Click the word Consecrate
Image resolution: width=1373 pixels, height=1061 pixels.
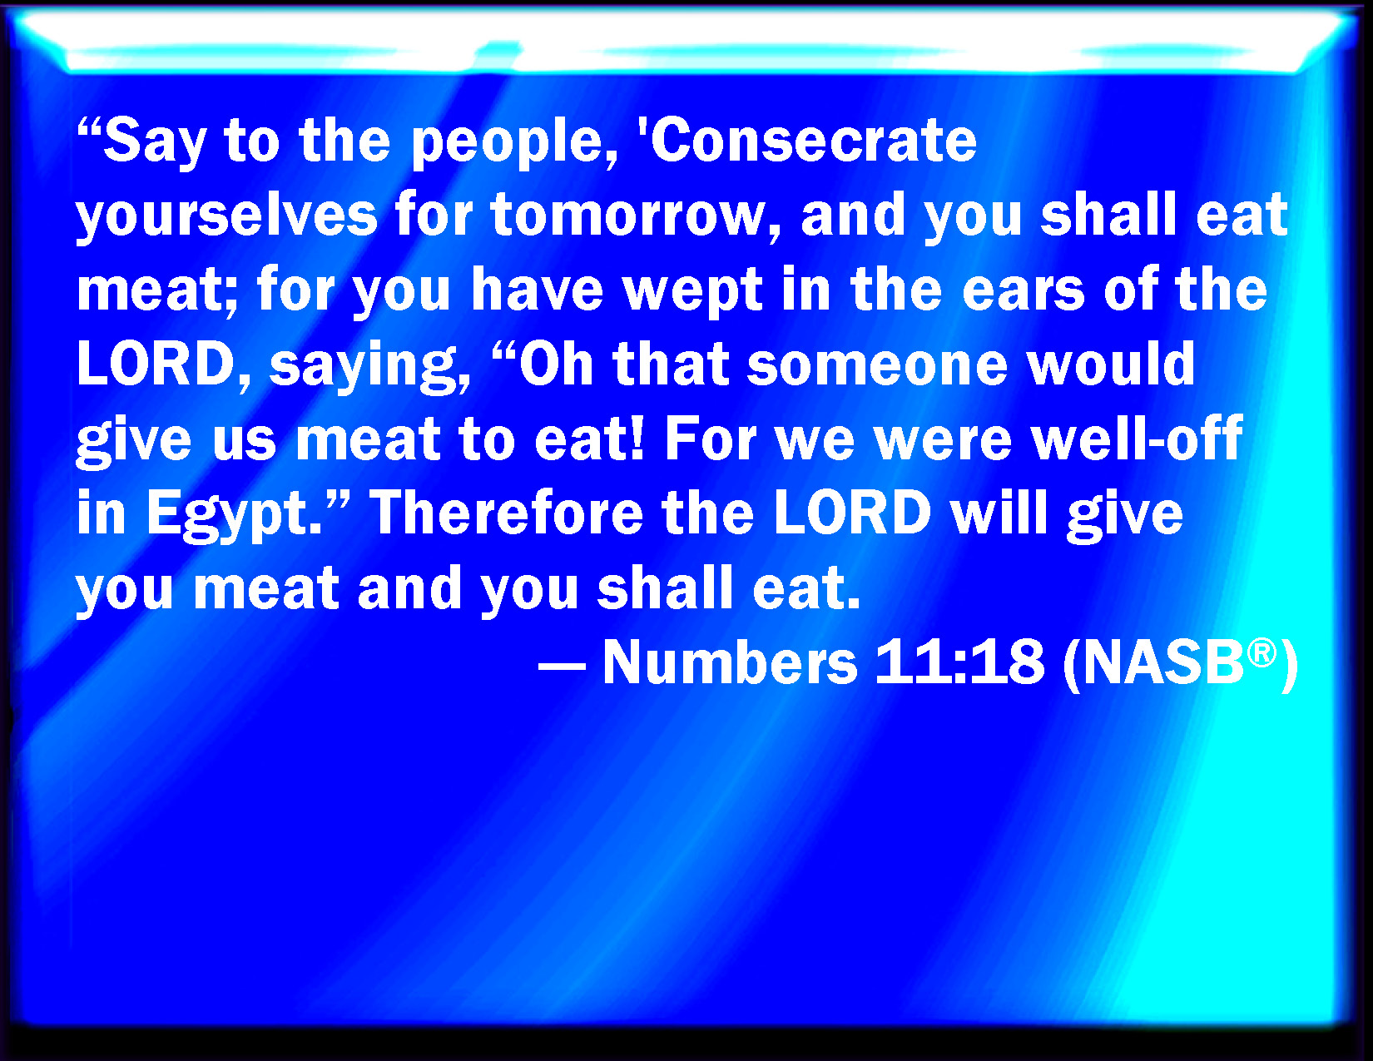813,140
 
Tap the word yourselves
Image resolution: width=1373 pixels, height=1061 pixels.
227,216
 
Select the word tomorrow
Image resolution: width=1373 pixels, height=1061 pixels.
635,216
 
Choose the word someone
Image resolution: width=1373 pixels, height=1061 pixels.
878,365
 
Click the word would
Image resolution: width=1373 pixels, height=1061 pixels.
1112,364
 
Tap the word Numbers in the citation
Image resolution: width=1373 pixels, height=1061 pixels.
730,662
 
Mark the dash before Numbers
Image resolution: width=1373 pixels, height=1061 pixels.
562,666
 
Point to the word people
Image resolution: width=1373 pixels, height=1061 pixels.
514,143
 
